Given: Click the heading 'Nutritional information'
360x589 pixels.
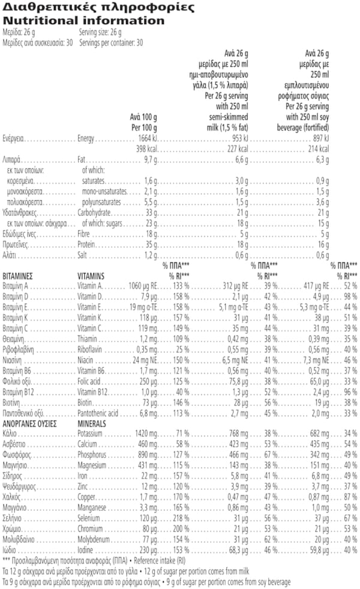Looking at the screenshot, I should coord(83,21).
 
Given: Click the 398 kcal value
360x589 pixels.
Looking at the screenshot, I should coord(148,148).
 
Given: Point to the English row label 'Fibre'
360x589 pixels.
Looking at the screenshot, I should coord(85,234).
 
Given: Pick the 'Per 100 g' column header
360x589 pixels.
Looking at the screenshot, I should coord(144,128).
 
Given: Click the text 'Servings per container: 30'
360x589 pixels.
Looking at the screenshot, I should coord(110,43).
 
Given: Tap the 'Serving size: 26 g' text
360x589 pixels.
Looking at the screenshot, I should coord(100,32).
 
